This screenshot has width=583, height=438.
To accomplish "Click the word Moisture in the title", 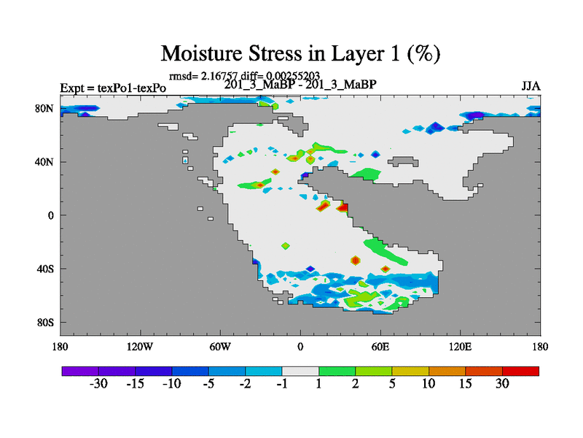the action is (202, 53).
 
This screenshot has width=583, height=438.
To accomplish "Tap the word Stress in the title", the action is (275, 53).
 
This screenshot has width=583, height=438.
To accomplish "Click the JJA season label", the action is (531, 86).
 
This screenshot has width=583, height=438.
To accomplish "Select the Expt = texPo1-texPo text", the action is (113, 88).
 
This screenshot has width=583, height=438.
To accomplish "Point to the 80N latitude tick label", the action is (44, 108).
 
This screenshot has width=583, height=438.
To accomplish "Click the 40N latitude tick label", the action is (44, 162).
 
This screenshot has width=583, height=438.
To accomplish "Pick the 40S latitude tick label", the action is (45, 269).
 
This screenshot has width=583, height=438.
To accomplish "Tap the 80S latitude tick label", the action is (45, 323).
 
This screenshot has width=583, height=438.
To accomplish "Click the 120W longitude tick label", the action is (140, 347).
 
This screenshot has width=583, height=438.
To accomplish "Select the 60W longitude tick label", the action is (220, 347).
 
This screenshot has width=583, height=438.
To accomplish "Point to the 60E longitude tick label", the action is (380, 347).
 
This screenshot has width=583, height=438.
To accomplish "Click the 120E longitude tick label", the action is (461, 347).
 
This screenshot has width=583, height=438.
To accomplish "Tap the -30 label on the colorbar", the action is (98, 383).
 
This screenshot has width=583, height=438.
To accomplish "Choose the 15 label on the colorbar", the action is (465, 383).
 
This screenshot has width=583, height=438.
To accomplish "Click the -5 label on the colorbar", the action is (208, 383).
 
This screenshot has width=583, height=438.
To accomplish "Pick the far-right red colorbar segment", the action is (520, 371).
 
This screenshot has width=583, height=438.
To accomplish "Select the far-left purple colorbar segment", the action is (80, 371).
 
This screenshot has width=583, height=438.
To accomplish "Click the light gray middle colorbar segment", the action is (300, 371).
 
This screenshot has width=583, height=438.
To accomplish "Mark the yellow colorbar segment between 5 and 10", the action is (410, 371).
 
